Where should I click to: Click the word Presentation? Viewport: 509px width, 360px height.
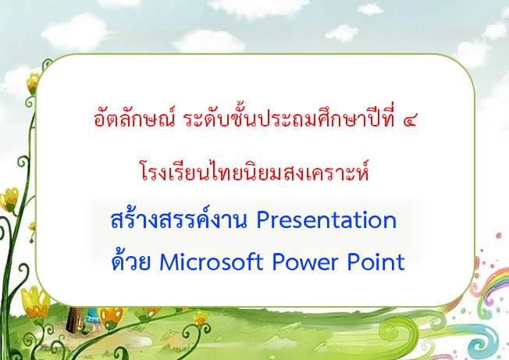pos(326,220)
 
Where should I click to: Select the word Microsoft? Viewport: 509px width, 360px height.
pos(212,262)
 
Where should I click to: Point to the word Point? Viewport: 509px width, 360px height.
pos(376,262)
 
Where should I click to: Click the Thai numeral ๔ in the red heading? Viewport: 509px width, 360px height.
pos(409,121)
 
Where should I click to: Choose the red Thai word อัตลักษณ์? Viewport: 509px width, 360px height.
pos(134,117)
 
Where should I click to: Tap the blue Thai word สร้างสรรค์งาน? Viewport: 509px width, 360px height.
pos(179,218)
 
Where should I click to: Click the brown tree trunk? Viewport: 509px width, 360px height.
pos(74,319)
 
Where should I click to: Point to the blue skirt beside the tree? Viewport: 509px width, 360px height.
pos(93,315)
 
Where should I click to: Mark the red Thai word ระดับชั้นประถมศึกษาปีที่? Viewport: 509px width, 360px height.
pos(289,117)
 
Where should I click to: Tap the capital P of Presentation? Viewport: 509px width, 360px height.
pos(263,221)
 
